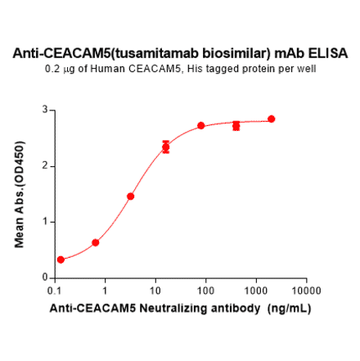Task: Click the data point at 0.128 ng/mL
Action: click(61, 259)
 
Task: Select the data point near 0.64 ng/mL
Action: click(96, 242)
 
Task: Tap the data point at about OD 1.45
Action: click(131, 196)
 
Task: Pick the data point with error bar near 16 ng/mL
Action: click(166, 147)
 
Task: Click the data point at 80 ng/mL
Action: click(201, 125)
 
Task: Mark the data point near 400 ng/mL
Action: click(236, 125)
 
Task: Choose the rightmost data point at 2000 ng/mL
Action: click(272, 119)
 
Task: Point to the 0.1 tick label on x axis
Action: click(54, 291)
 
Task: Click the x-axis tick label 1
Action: click(105, 291)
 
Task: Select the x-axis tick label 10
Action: click(155, 291)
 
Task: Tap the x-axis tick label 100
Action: click(205, 291)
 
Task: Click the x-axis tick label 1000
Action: click(255, 291)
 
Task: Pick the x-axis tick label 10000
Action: click(305, 291)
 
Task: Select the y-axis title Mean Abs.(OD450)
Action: click(20, 193)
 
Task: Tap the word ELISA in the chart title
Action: click(329, 54)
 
